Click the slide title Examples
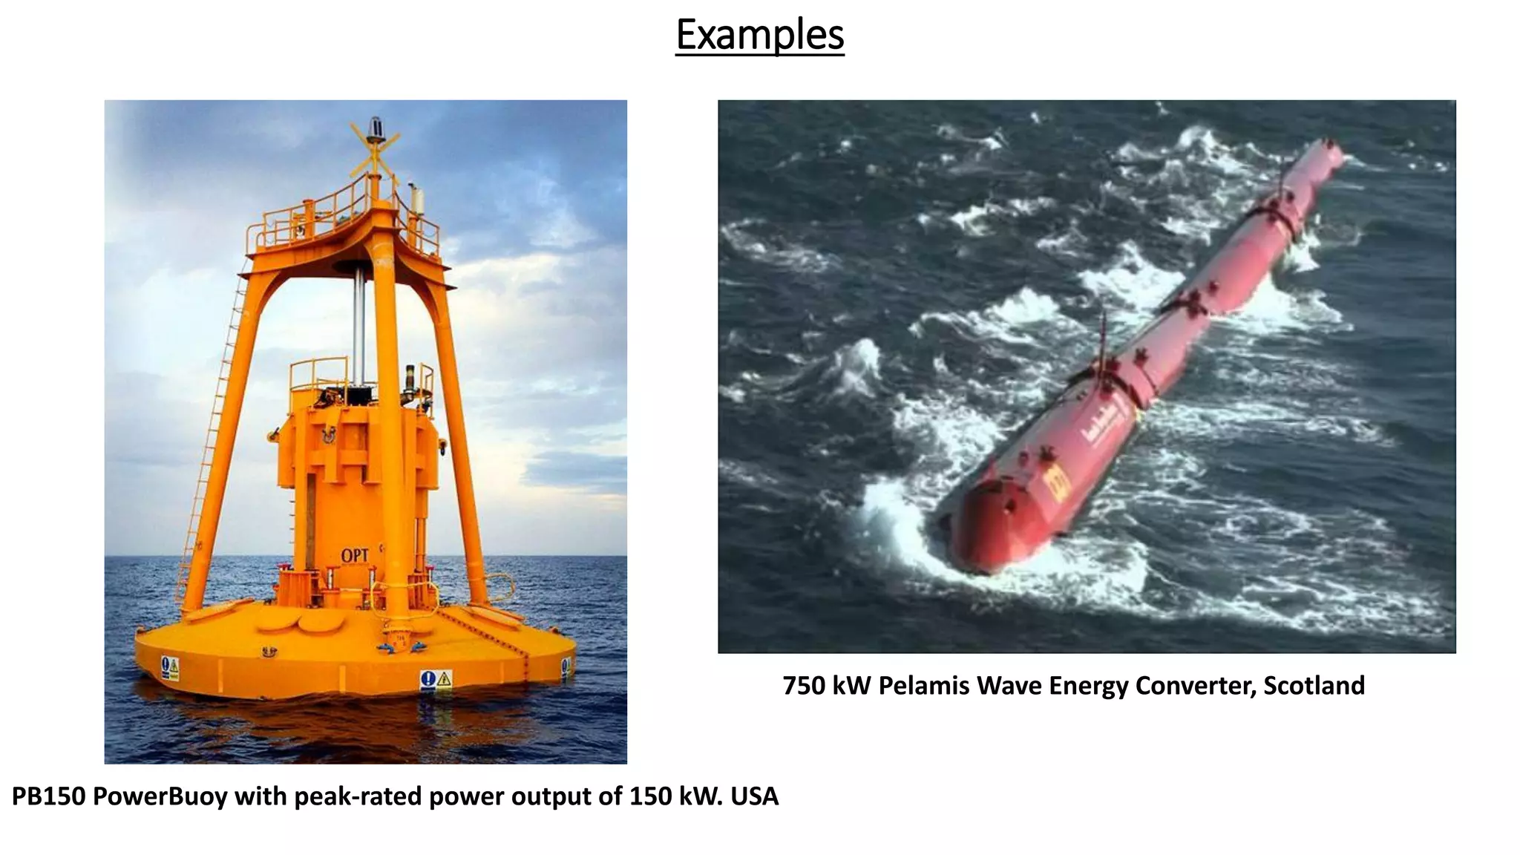point(759,35)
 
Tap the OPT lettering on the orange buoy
point(355,555)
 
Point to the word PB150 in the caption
point(48,796)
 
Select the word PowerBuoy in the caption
point(160,796)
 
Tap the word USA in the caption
point(755,796)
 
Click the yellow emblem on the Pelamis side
point(1056,483)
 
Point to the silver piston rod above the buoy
point(359,319)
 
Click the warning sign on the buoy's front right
point(436,678)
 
